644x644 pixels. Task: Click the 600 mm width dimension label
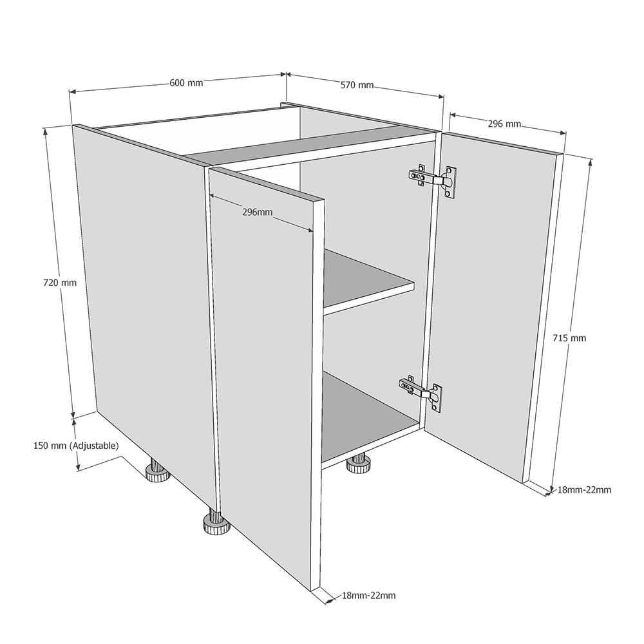point(186,82)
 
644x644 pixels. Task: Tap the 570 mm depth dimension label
point(357,84)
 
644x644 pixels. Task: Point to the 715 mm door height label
point(570,337)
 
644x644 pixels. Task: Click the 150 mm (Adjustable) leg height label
point(76,445)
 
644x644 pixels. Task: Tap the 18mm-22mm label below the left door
point(369,596)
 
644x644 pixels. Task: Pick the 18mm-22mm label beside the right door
point(584,490)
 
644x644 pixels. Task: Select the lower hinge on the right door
point(421,391)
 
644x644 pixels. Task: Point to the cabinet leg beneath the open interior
point(357,464)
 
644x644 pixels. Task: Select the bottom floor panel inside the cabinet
point(366,415)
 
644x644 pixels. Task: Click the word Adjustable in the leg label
point(95,445)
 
